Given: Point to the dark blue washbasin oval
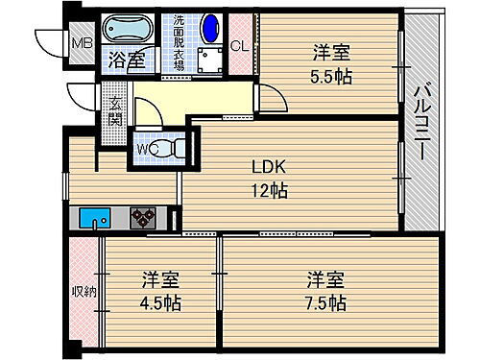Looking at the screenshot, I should tap(212, 26).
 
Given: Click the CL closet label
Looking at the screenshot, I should tap(240, 44).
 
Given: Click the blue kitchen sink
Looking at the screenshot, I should tap(95, 218).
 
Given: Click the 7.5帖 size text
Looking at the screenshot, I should tap(326, 302).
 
